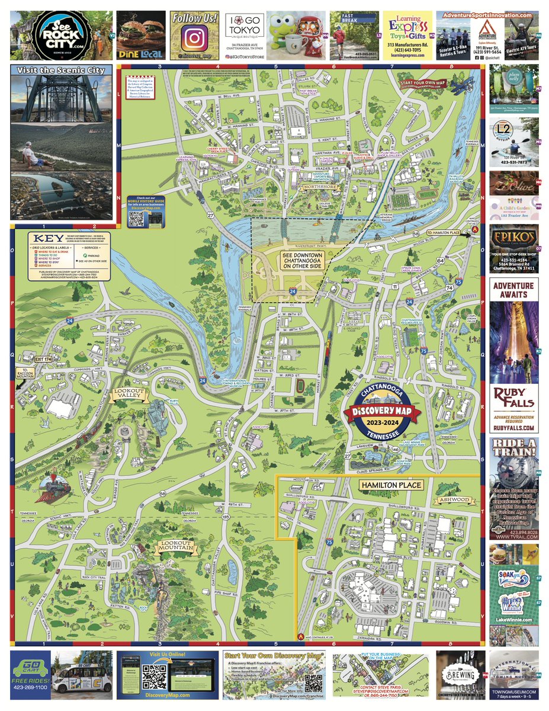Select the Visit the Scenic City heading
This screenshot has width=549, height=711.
[x=61, y=71]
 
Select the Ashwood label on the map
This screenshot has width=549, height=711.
[x=454, y=499]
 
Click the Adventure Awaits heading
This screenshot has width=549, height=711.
[x=514, y=290]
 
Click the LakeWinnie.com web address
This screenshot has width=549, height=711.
[x=514, y=620]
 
